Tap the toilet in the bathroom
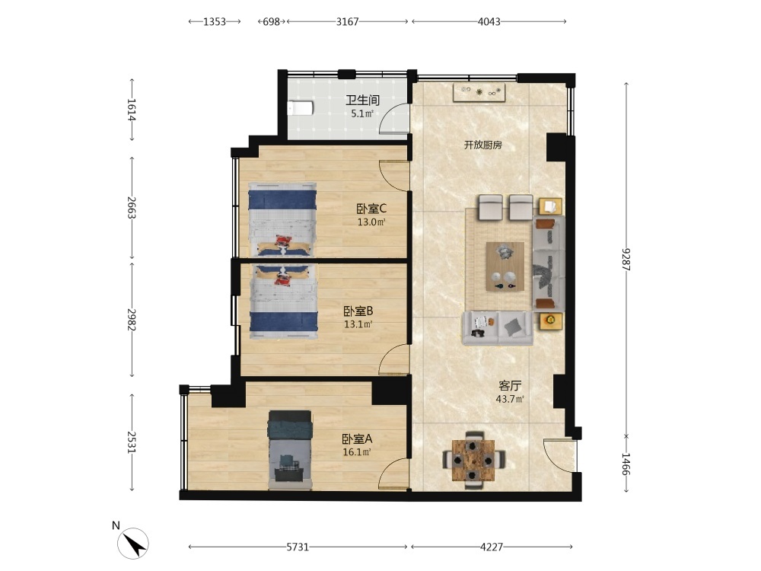[x=300, y=108]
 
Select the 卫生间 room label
[x=362, y=100]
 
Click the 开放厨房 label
[x=482, y=145]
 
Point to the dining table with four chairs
[x=473, y=460]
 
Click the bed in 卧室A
[x=290, y=449]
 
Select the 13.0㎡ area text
[x=371, y=222]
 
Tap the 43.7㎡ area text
[x=510, y=399]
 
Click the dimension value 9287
[x=626, y=260]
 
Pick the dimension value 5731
[x=298, y=547]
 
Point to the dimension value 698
[x=272, y=21]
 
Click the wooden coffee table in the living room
[x=505, y=266]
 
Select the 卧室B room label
[x=358, y=311]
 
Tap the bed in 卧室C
[x=282, y=219]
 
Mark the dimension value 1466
[x=626, y=464]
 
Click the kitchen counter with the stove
[x=479, y=92]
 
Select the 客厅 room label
[x=510, y=386]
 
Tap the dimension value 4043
[x=489, y=21]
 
